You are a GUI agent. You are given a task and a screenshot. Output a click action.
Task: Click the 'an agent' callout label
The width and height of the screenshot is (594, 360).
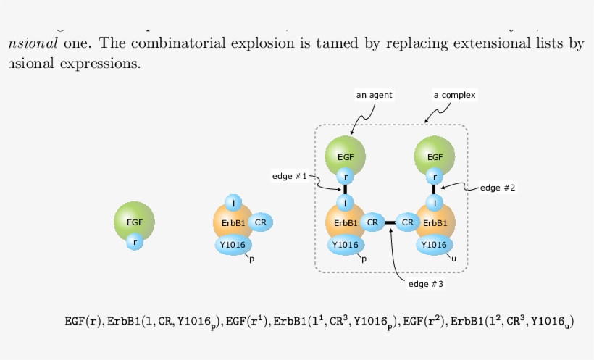374,95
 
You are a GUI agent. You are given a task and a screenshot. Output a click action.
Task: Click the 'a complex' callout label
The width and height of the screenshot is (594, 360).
455,95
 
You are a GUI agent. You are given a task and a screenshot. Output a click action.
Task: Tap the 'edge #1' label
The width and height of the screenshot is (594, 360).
290,176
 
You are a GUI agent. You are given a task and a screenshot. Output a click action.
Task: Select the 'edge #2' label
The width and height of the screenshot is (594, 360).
498,188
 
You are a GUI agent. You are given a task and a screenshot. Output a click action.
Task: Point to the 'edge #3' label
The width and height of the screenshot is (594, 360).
425,283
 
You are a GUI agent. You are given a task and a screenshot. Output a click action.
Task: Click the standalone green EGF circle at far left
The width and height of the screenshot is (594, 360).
134,221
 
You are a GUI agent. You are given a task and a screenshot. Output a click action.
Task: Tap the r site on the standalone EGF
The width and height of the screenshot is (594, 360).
135,243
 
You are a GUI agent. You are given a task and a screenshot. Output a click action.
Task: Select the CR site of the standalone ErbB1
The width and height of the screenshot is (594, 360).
262,222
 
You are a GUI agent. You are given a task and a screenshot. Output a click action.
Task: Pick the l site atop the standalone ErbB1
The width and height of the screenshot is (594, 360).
233,203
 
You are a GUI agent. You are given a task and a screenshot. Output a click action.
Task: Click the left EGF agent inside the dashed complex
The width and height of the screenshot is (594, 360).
345,155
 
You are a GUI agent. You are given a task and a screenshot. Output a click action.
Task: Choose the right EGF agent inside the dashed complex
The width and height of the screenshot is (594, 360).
435,155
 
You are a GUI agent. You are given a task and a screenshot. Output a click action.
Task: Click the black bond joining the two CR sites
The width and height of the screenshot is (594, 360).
390,222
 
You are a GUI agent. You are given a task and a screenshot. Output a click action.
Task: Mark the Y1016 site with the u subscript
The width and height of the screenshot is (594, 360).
434,245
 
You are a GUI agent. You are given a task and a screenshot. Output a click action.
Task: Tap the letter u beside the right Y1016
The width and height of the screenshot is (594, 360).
454,258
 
